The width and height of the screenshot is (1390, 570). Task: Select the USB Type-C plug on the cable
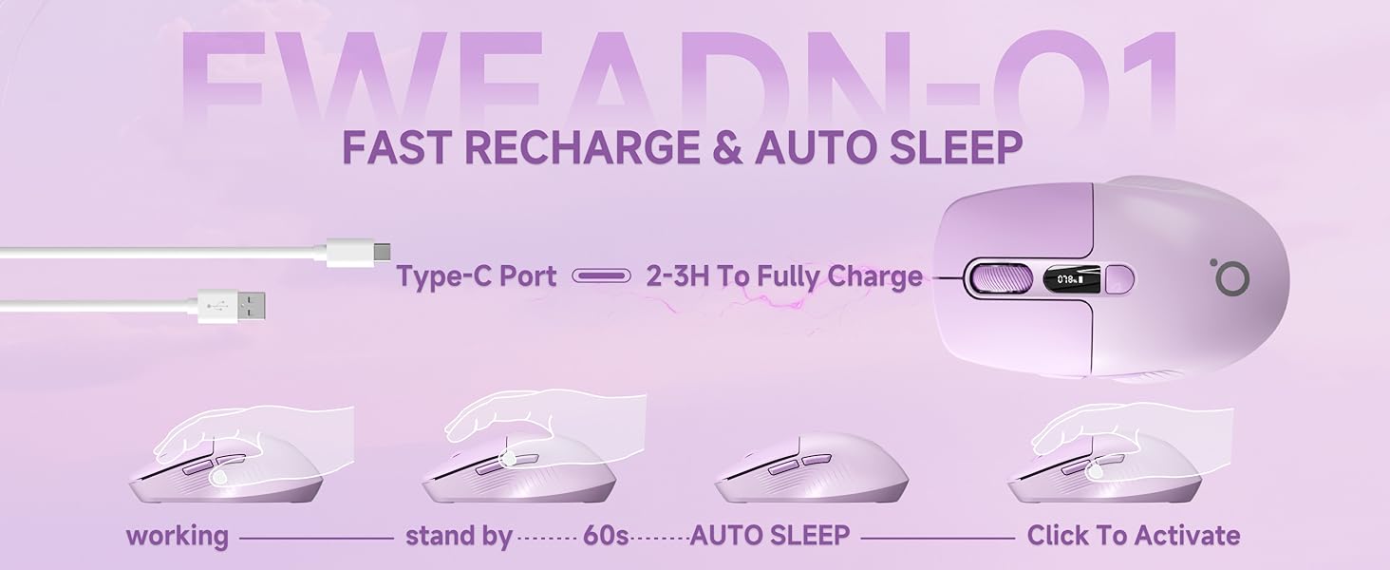coord(357,251)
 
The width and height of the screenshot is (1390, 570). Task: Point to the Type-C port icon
coord(601,276)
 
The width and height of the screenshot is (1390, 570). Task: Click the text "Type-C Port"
coord(476,276)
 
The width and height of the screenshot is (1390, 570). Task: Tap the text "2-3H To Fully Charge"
coord(783,276)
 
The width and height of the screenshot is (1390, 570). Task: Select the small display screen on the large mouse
coord(1069,278)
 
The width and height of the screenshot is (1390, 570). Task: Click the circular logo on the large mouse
coord(1230,275)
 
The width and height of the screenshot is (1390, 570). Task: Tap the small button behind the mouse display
coord(1120,278)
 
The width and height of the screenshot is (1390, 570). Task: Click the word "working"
coord(178,536)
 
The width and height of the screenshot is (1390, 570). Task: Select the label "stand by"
coord(459,536)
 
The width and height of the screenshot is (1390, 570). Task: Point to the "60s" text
coord(606,536)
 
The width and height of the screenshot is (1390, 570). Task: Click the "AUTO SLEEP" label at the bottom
coord(769,535)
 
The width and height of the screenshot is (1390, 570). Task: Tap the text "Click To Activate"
coord(1133,535)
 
